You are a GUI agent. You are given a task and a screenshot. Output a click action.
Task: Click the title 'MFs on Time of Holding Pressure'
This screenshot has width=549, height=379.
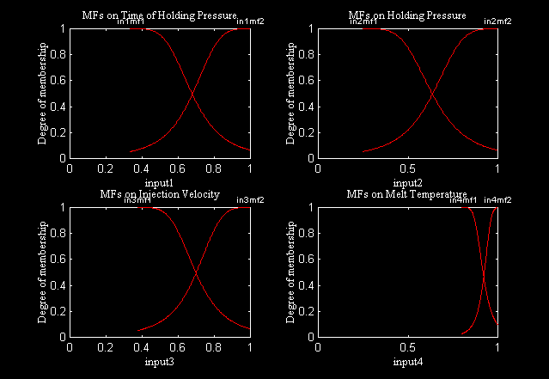[x=159, y=15]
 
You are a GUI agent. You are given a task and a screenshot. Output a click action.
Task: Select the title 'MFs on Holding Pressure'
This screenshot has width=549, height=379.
[x=407, y=15]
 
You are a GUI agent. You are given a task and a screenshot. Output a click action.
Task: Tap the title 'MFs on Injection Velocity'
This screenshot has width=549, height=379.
[x=159, y=194]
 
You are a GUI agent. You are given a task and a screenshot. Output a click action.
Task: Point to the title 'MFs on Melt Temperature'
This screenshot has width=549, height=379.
[x=407, y=194]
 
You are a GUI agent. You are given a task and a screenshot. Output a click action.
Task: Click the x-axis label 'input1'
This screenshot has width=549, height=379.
[x=159, y=183]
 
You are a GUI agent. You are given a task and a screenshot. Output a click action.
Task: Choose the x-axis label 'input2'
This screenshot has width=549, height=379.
[x=407, y=183]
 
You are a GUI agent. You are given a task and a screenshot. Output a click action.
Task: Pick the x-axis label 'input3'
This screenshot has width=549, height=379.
[x=159, y=362]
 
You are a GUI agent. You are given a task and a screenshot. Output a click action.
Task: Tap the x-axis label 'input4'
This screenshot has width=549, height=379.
[x=407, y=362]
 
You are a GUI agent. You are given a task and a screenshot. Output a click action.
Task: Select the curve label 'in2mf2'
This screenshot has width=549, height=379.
[x=497, y=21]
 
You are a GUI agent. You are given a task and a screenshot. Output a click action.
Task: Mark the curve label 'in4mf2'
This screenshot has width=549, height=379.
[x=497, y=200]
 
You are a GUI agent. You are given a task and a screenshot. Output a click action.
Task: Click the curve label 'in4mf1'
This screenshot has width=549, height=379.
[x=464, y=200]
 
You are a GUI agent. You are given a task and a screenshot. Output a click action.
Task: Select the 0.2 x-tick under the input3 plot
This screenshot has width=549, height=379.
[x=106, y=349]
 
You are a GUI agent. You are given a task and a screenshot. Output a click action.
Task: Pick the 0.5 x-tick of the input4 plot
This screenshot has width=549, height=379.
[x=408, y=349]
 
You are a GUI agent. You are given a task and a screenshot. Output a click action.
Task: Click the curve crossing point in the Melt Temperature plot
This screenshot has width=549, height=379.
[x=484, y=272]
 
